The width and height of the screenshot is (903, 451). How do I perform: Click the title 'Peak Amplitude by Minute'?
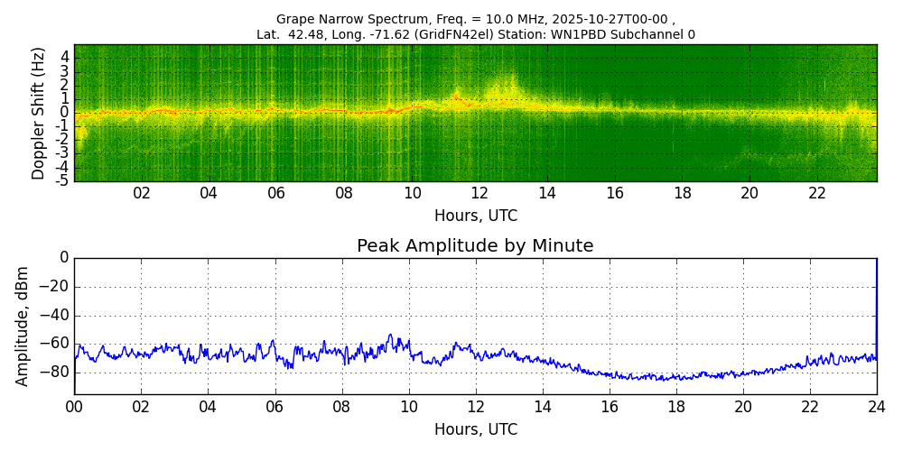(x=475, y=246)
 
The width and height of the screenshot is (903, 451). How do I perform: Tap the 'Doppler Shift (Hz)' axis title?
(x=39, y=113)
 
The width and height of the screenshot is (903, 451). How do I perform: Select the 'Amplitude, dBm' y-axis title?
(x=23, y=326)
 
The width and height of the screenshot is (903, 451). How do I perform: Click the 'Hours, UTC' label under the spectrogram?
(x=476, y=216)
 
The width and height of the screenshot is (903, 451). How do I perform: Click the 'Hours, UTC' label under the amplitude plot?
(x=476, y=429)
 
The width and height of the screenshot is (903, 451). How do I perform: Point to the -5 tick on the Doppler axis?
(x=63, y=181)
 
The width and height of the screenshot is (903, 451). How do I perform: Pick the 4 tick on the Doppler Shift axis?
(x=65, y=57)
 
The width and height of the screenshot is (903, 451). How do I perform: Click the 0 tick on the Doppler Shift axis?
(x=65, y=113)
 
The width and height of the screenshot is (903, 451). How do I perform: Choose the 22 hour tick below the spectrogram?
(x=817, y=194)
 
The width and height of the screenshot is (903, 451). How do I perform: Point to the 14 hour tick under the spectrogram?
(x=547, y=194)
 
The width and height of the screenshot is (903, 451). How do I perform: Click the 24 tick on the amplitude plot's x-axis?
(x=877, y=407)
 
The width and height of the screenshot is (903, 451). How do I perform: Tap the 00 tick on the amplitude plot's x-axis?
(x=74, y=407)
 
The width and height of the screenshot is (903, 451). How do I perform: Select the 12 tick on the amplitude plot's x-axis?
(x=476, y=407)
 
